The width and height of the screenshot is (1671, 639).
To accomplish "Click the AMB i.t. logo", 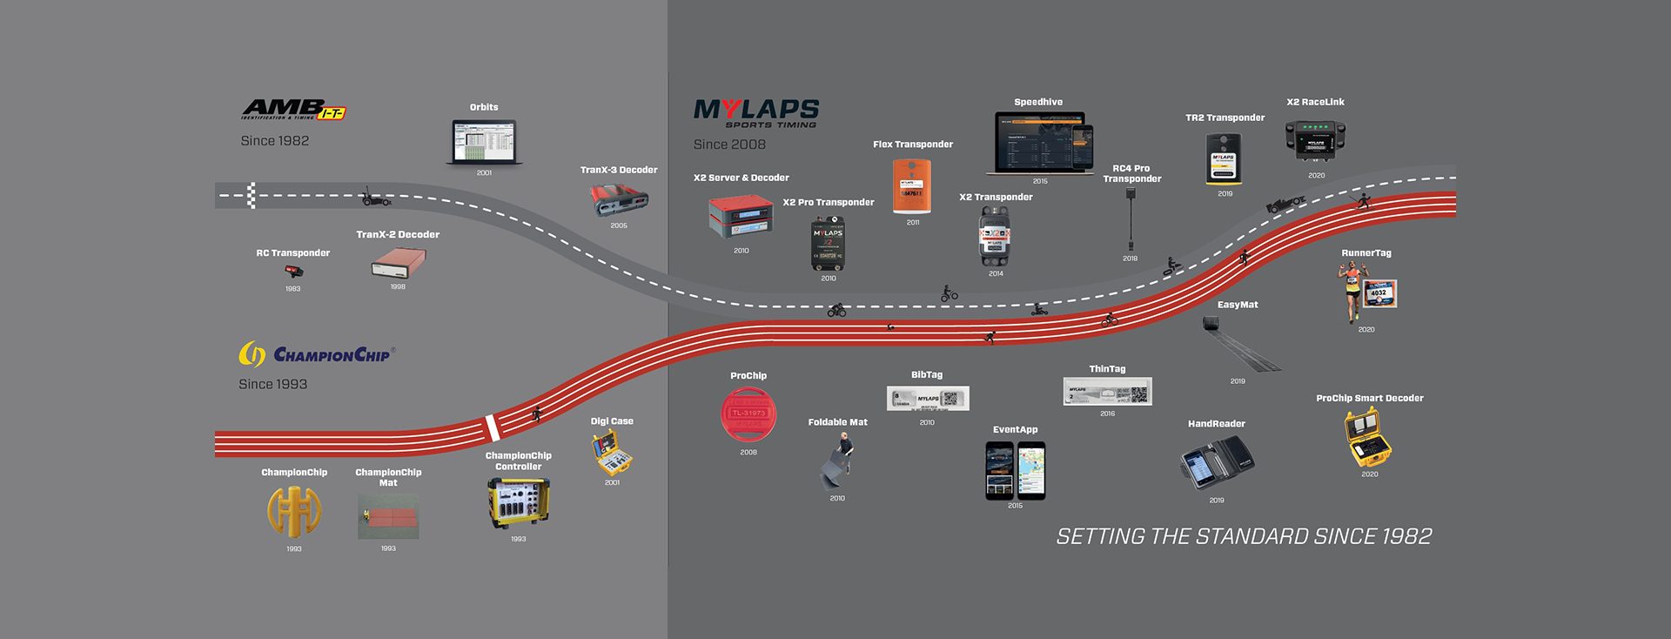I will (x=293, y=110).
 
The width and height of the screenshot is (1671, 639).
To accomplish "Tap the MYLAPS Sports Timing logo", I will (x=755, y=113).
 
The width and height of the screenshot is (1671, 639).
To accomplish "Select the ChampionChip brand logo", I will (x=317, y=353).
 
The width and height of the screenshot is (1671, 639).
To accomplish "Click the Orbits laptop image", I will (x=484, y=142).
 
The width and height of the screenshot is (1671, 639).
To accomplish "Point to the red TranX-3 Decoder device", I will (x=619, y=201).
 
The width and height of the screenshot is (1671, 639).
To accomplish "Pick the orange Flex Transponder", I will (x=912, y=185).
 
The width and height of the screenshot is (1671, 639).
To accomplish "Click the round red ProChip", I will (x=748, y=414).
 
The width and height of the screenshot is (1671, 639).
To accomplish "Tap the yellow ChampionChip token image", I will (x=294, y=511).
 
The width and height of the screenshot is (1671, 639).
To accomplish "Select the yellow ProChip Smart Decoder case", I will (x=1368, y=439).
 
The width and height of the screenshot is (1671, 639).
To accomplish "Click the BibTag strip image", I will (x=927, y=399).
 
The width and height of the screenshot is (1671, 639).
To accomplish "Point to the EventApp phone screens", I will (x=1015, y=470).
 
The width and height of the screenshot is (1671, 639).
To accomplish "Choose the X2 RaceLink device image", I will (x=1315, y=140).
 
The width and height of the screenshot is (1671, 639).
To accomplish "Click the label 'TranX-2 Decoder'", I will (x=398, y=235).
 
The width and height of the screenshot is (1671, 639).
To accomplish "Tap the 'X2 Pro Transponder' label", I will (x=829, y=203).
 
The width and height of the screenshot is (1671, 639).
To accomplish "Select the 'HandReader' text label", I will (x=1216, y=424).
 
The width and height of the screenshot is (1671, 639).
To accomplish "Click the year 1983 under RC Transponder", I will (x=293, y=289).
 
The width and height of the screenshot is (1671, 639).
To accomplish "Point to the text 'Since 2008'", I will (x=729, y=145).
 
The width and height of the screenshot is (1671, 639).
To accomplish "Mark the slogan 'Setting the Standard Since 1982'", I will (x=1244, y=536).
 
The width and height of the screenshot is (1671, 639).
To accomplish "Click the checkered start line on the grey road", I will (x=252, y=196).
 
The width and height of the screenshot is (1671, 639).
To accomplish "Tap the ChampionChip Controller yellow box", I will (x=519, y=503).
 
